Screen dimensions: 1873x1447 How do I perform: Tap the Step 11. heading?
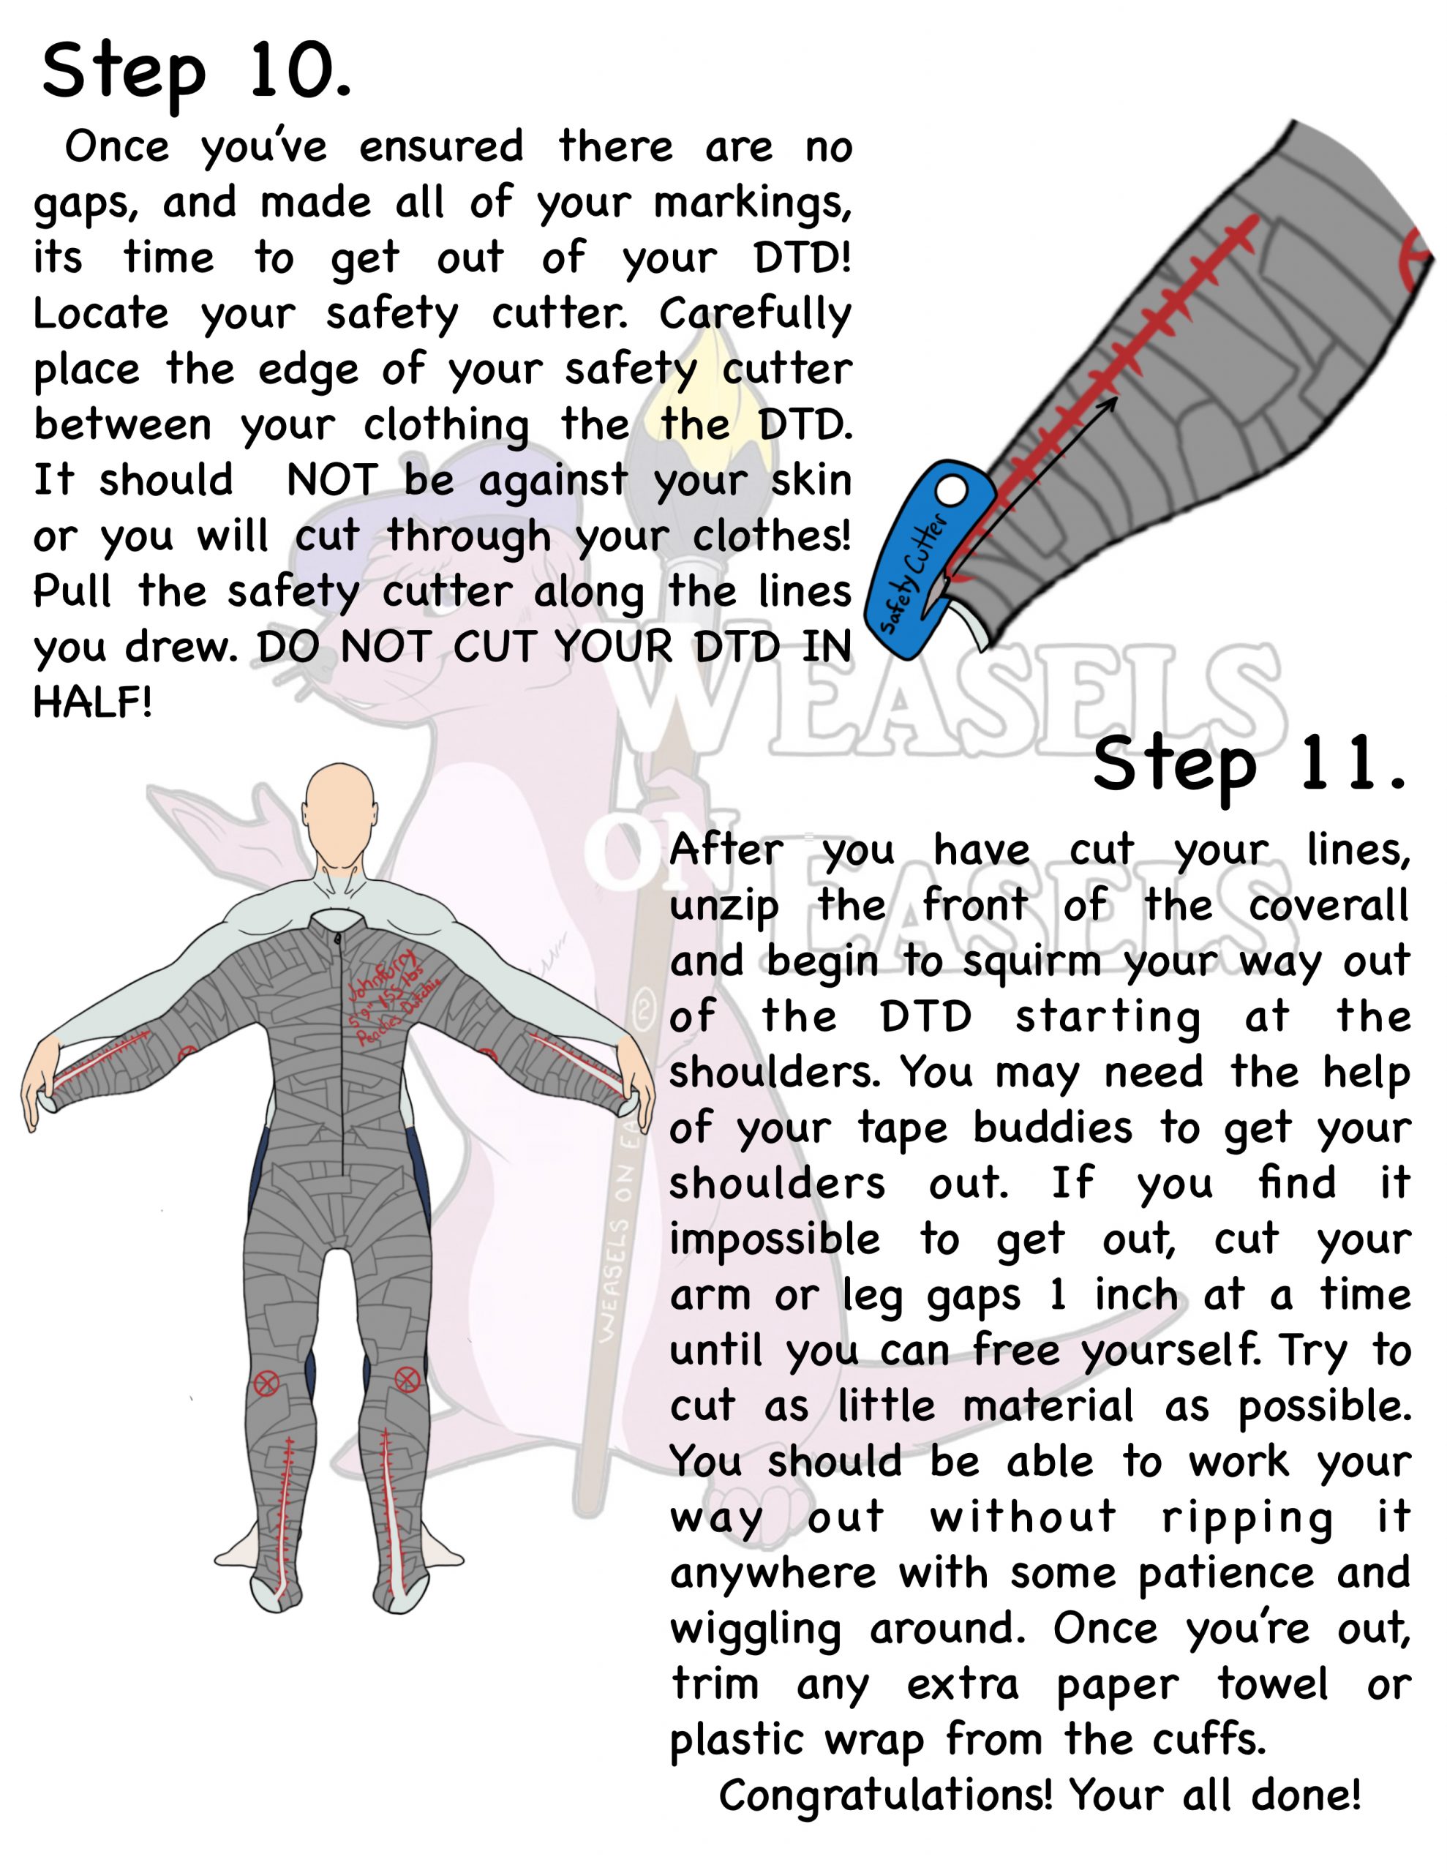click(x=1249, y=766)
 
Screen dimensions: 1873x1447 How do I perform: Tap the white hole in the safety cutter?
click(x=950, y=492)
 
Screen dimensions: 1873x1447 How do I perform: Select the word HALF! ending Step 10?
click(x=93, y=703)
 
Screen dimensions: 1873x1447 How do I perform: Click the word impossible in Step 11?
click(x=774, y=1240)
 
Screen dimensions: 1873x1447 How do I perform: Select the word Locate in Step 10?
click(x=100, y=314)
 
